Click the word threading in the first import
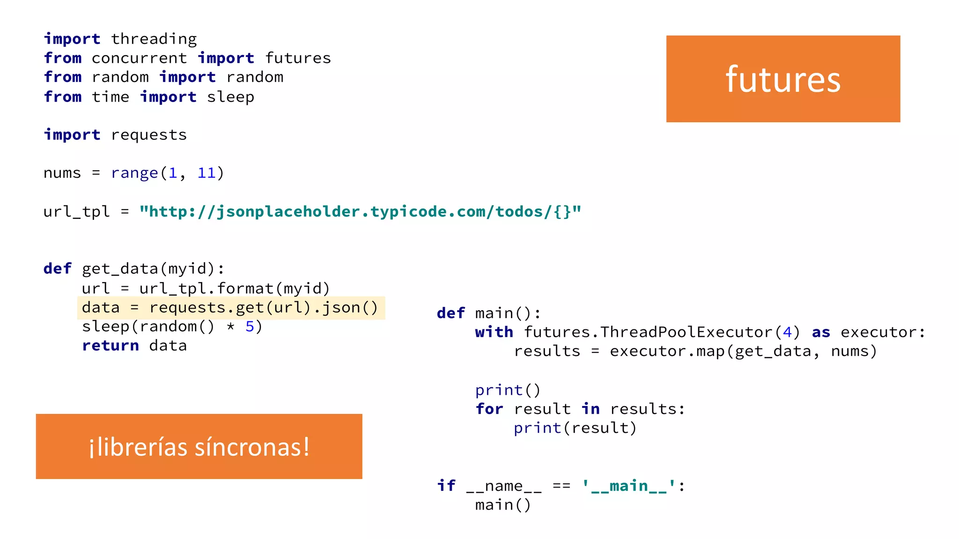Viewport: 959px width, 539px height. click(154, 39)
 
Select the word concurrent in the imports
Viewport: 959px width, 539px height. click(139, 58)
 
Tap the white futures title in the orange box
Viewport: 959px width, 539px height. click(783, 79)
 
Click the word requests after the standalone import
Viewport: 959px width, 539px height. click(149, 135)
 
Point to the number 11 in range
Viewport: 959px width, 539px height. click(206, 173)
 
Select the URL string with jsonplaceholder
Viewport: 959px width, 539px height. click(360, 211)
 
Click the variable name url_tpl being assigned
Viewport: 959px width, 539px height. click(76, 211)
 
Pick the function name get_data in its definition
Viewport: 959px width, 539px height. click(120, 269)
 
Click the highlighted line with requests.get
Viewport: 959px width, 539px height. click(230, 307)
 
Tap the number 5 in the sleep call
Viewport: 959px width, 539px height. click(250, 327)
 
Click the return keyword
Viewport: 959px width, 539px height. click(111, 346)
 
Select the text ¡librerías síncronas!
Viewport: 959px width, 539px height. click(199, 447)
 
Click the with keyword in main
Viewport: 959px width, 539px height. click(494, 332)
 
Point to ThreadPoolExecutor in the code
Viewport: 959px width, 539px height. click(686, 332)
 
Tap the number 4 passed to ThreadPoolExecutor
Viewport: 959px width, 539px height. click(787, 332)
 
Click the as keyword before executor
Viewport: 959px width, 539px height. click(821, 332)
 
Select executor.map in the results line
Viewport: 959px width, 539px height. click(667, 351)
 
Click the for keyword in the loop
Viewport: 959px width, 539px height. click(489, 409)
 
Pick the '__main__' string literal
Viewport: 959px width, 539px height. click(628, 486)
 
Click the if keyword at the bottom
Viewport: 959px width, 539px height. click(446, 486)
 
